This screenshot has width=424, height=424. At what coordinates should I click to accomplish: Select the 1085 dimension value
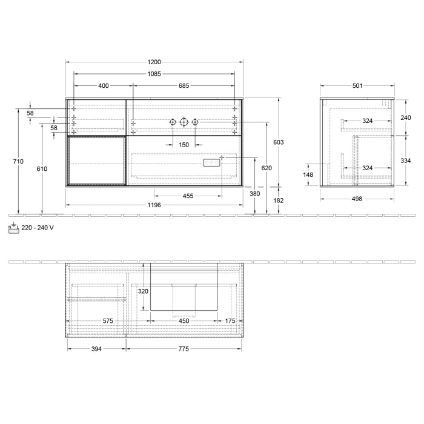154,74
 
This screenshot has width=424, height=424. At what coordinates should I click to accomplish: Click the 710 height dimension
19,162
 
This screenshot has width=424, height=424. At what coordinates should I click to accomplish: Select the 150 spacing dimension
184,145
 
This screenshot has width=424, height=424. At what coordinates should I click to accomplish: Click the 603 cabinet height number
279,142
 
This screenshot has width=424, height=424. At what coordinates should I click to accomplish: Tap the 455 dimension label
188,196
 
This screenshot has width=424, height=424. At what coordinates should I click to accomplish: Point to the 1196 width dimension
154,205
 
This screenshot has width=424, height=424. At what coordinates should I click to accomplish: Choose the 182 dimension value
279,200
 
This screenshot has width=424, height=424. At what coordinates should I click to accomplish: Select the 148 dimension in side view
308,175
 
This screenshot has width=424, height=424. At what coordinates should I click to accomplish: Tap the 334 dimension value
406,161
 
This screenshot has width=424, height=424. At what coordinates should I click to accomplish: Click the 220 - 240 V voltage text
38,228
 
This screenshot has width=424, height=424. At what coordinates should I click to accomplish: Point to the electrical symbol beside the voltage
13,227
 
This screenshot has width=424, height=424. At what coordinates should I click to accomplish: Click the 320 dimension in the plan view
143,291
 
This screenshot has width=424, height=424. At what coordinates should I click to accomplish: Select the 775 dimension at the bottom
184,349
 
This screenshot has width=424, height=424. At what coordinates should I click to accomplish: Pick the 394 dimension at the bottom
96,349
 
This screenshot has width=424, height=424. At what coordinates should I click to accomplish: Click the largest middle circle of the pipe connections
184,122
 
